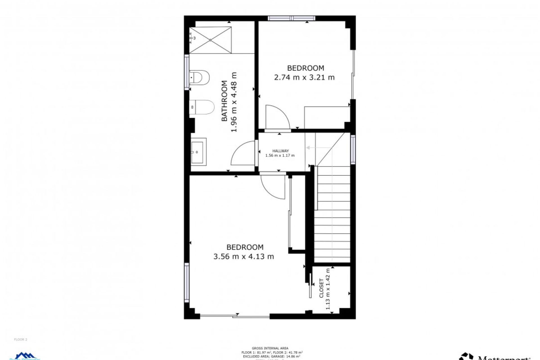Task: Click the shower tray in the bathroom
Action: (210, 40)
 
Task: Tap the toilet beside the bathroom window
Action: (200, 77)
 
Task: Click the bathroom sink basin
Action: (199, 152)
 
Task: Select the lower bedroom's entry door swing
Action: (273, 187)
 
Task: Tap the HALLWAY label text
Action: (280, 151)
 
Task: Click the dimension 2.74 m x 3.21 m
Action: (304, 77)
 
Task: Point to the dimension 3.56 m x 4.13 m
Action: (244, 256)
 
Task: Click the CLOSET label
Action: (321, 288)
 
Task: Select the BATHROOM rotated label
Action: (224, 101)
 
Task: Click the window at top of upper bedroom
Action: (291, 18)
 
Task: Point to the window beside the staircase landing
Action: (353, 149)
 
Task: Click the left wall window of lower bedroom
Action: (187, 282)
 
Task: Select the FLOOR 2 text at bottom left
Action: (21, 339)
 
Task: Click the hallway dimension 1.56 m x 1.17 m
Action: (280, 156)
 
